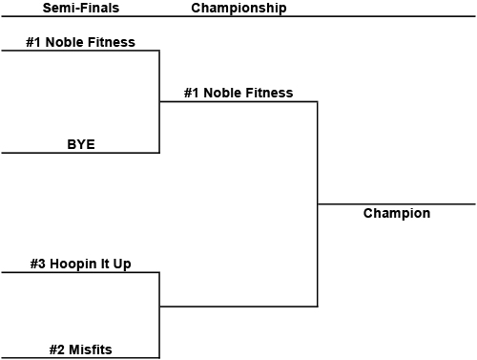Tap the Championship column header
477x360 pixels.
click(238, 9)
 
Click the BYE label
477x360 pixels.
click(81, 145)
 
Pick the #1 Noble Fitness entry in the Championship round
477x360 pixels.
click(239, 94)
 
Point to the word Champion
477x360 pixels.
click(397, 214)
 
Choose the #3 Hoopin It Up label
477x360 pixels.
click(80, 264)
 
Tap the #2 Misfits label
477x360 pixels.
click(81, 350)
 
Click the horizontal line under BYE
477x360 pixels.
click(80, 153)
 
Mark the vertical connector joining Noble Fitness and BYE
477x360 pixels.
click(159, 101)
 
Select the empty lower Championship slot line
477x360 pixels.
click(238, 307)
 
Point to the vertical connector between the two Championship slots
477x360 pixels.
click(318, 203)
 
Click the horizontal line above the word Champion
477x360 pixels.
click(397, 204)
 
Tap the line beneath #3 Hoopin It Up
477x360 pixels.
click(80, 272)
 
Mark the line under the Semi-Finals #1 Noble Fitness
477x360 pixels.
click(80, 51)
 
